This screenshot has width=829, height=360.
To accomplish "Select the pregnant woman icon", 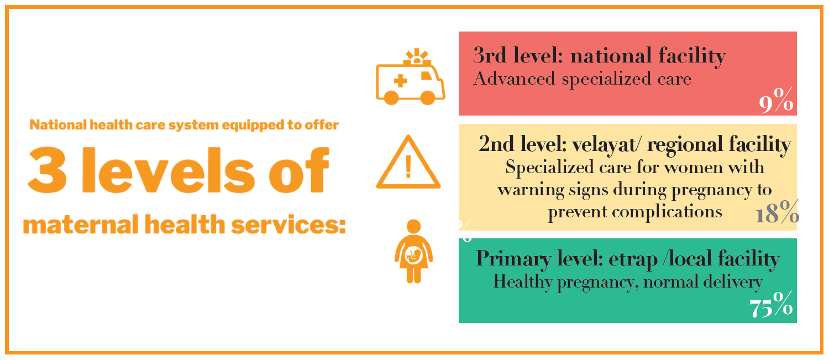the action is coord(413,252).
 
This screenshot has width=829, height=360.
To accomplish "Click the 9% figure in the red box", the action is coord(776,100).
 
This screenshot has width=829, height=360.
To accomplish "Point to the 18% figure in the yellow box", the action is coord(777,212).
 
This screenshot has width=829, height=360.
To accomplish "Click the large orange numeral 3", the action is coord(48,170).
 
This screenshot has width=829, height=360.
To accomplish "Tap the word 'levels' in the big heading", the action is coord(169,170).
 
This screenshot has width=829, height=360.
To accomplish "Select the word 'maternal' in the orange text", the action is coord(81,225).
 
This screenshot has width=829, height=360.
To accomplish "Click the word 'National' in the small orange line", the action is coord(58,125).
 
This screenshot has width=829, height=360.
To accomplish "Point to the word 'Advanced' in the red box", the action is coord(514,79).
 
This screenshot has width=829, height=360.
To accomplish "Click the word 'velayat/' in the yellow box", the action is coord(605,145).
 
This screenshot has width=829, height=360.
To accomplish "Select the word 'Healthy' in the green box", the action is coord(523,282).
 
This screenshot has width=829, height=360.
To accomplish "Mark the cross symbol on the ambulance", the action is coord(400,81).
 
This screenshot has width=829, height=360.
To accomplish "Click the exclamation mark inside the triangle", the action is coord(408,166).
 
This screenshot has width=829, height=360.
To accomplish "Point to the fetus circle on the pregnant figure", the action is coord(414,255).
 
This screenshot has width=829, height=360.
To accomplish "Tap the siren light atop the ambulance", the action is coord(417,57).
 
